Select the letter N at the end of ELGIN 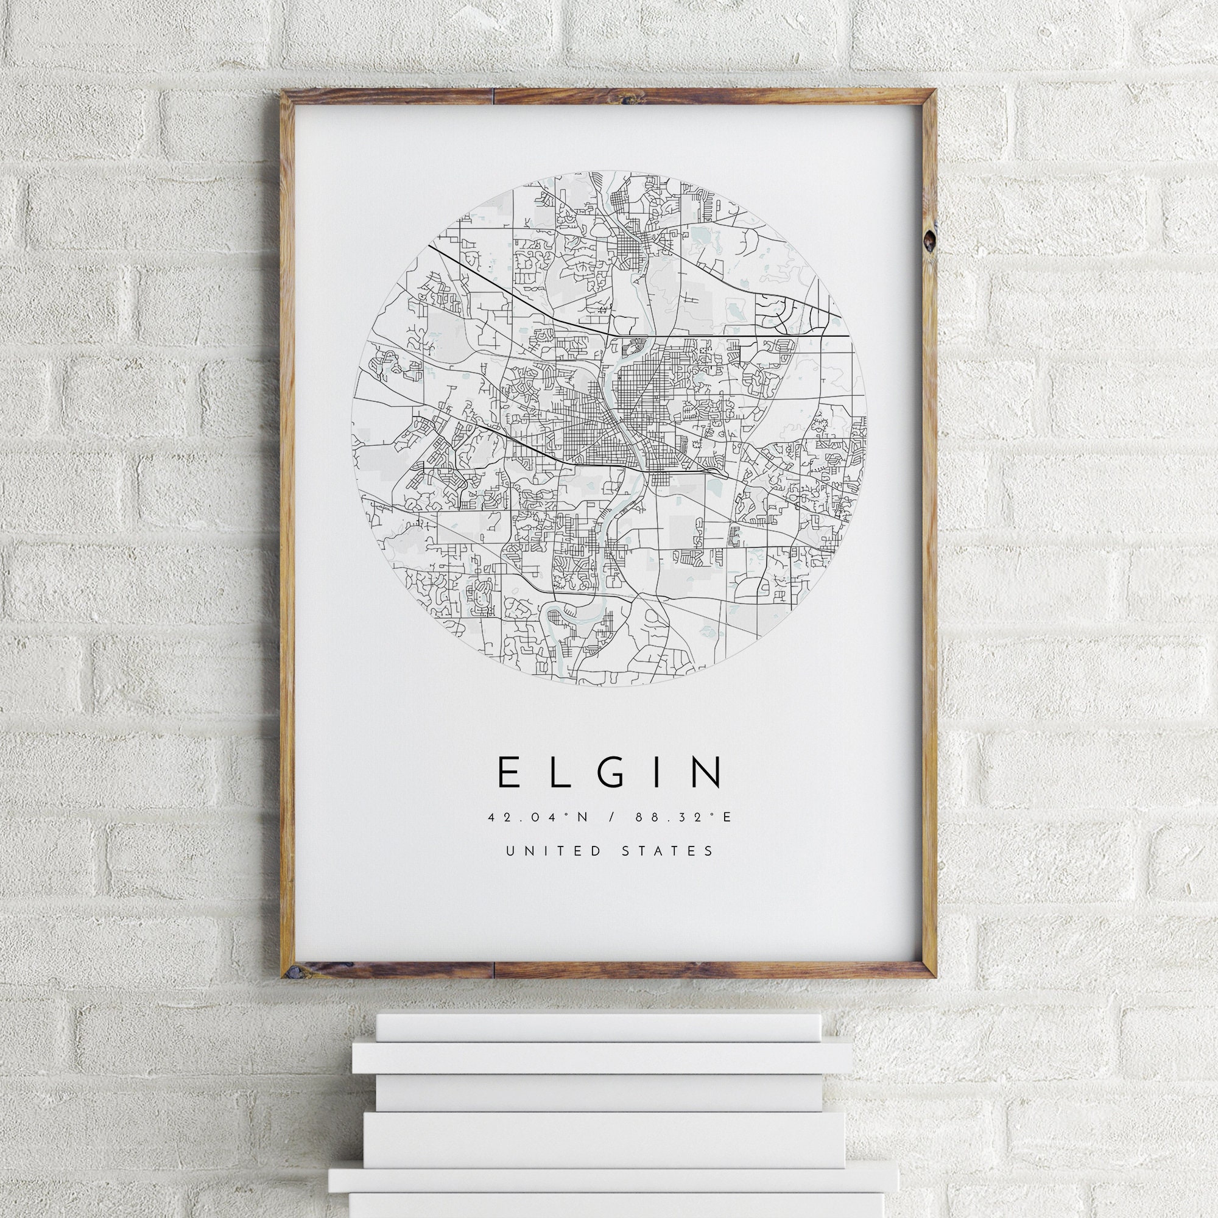(706, 772)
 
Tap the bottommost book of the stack (609, 1202)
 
